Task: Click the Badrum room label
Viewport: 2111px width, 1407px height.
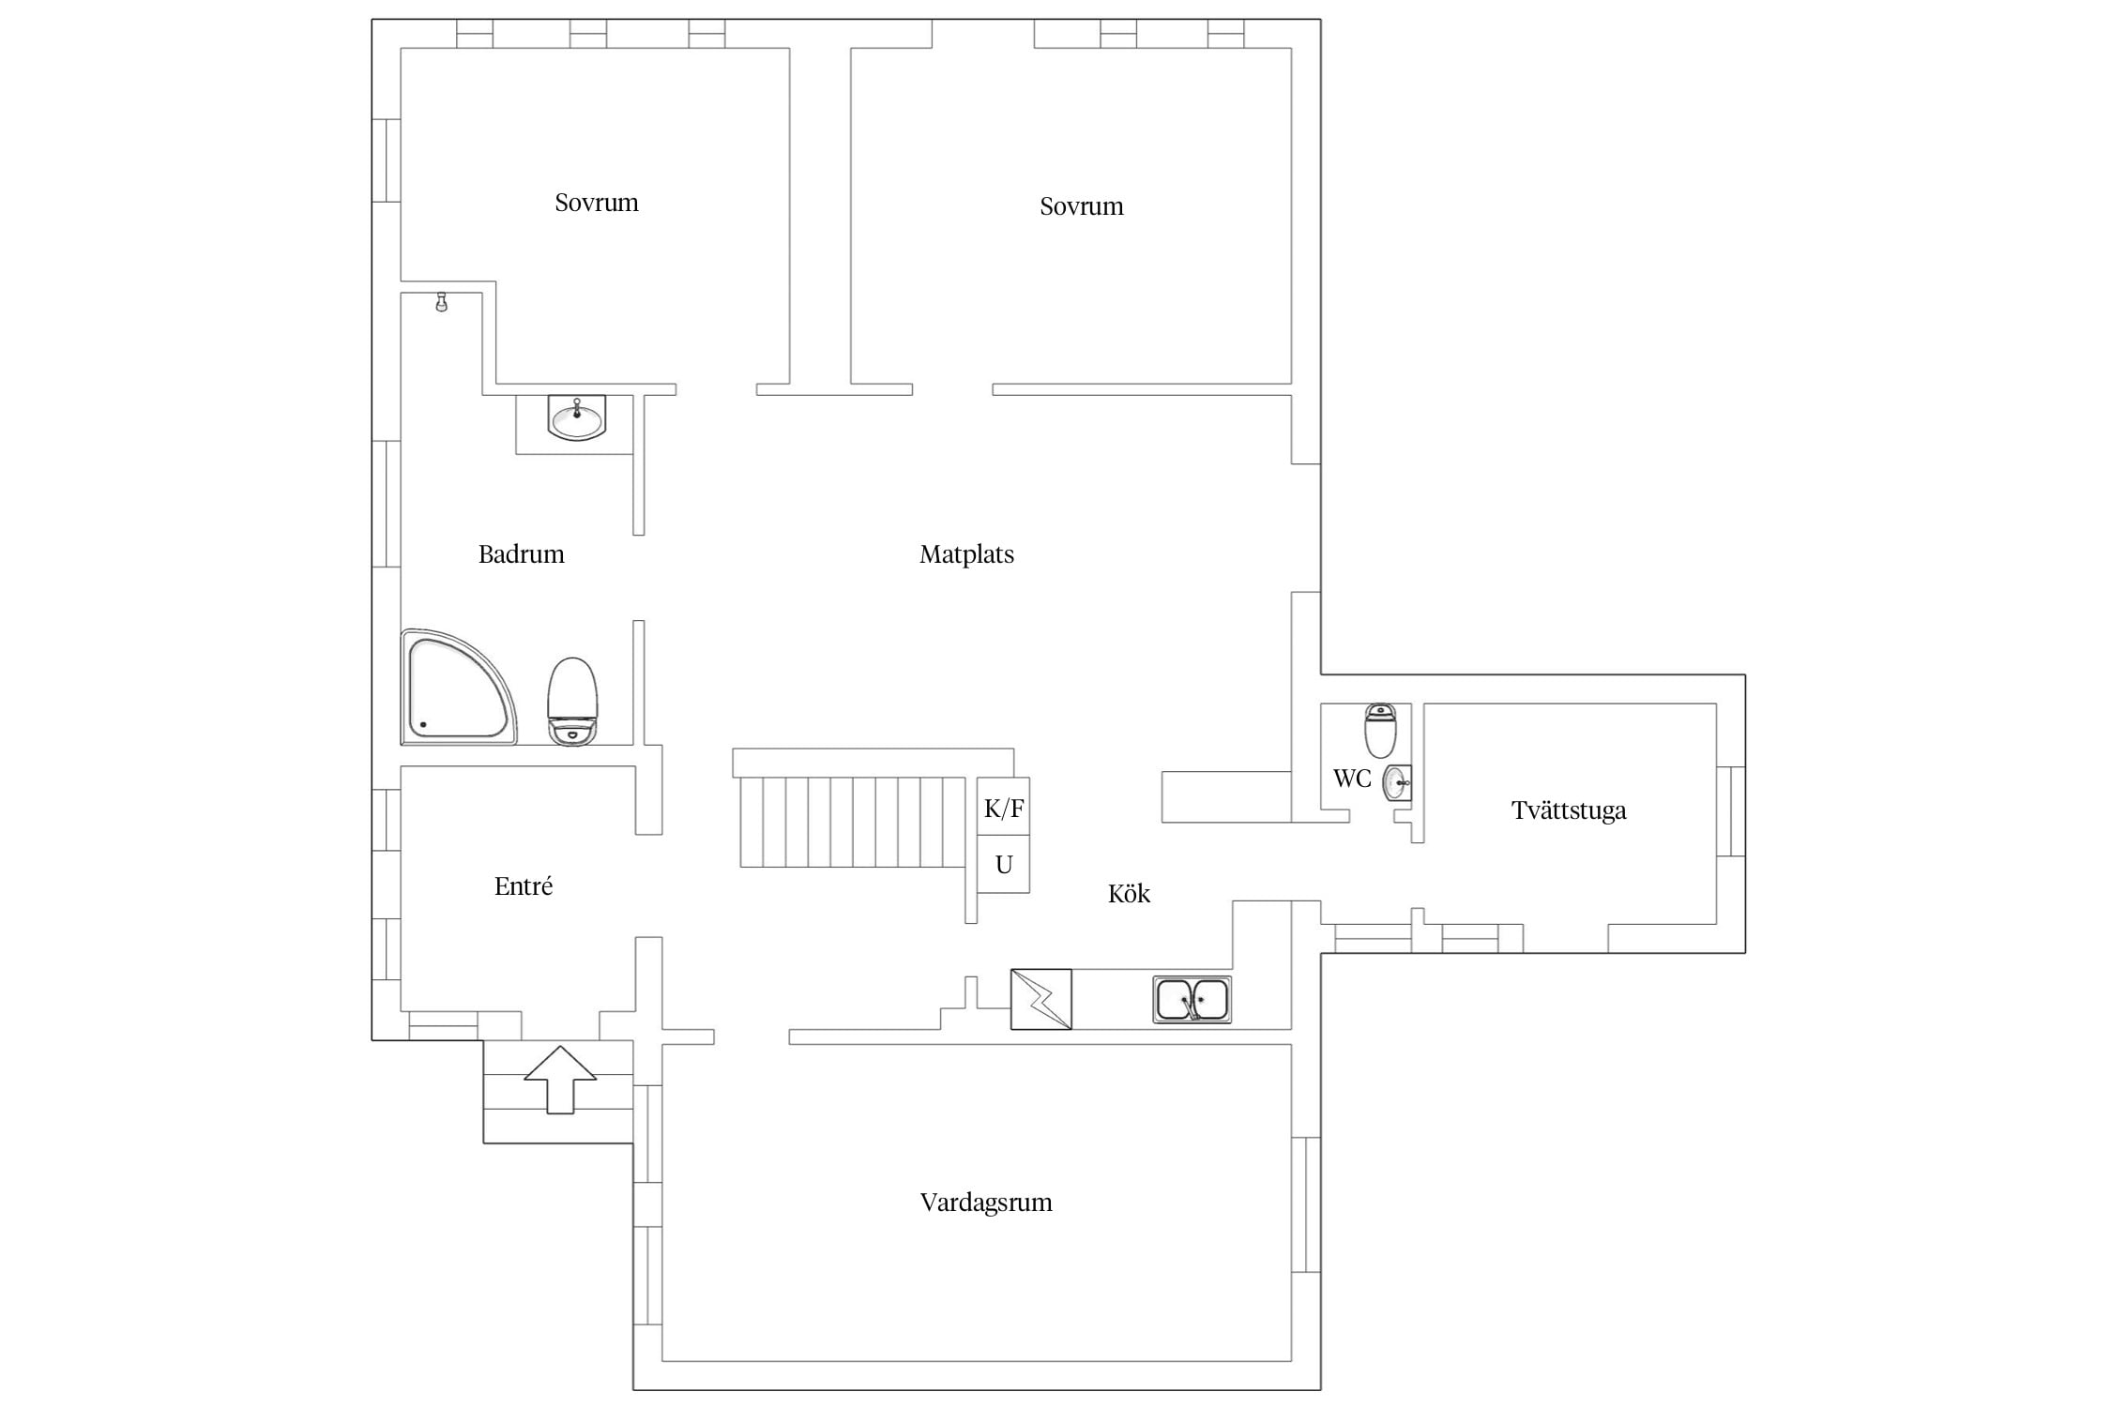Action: coord(521,554)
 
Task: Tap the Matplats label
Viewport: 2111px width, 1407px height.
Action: coord(966,554)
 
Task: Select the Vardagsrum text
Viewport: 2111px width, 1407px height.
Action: coord(986,1203)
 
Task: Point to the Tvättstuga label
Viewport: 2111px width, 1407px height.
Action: coord(1569,810)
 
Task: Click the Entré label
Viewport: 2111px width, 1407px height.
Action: coord(524,885)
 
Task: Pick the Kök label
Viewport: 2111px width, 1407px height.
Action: coord(1129,893)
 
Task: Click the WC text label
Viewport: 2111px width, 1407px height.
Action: coord(1352,778)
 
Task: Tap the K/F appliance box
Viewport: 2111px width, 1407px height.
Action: coord(1003,807)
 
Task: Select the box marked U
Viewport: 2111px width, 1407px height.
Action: coord(1003,864)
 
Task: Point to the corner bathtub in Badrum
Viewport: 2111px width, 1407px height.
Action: coord(458,688)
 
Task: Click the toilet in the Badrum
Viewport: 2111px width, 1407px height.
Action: coord(572,702)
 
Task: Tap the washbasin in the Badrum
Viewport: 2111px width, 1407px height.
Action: coord(576,417)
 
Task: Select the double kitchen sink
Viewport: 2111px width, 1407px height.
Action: coord(1192,1000)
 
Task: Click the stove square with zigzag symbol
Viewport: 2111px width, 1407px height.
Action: coord(1040,999)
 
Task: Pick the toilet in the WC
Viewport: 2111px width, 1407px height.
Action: coord(1380,731)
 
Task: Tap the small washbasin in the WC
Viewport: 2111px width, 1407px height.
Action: coord(1397,782)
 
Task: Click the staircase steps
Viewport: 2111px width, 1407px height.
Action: coord(852,822)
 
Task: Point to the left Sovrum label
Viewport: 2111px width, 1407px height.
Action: coord(597,203)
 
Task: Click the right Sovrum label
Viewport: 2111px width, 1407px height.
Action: coord(1082,206)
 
